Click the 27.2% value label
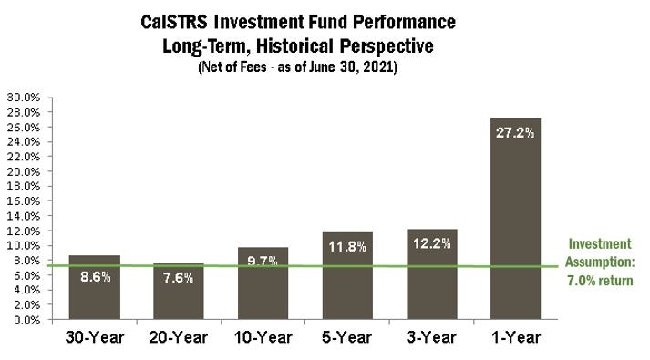[x=515, y=132]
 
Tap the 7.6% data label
[x=178, y=278]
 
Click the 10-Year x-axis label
[x=263, y=338]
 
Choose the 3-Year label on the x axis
[x=430, y=338]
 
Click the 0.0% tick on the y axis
[x=26, y=320]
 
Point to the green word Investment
[x=599, y=244]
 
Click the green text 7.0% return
[x=600, y=281]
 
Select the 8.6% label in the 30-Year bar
[x=94, y=277]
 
